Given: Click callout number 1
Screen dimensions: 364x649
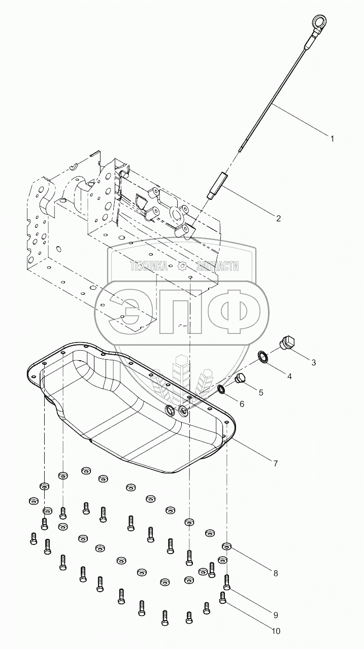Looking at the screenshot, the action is [x=332, y=138].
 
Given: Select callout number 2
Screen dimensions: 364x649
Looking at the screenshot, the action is [x=278, y=218].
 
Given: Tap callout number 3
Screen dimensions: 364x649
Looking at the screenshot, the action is [x=327, y=362].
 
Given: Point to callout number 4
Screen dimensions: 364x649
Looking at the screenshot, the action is [x=303, y=376].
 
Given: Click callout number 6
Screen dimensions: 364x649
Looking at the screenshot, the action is [x=242, y=404].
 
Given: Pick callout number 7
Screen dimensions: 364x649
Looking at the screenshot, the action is [x=275, y=463].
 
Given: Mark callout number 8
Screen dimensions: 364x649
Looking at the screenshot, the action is [x=276, y=573].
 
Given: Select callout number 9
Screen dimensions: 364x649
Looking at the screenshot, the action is [x=276, y=614].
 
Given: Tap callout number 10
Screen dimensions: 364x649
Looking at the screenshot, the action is [x=276, y=631].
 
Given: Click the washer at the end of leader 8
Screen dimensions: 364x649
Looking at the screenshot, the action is [x=227, y=546].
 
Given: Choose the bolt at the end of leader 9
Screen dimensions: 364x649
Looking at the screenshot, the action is [x=227, y=581].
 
